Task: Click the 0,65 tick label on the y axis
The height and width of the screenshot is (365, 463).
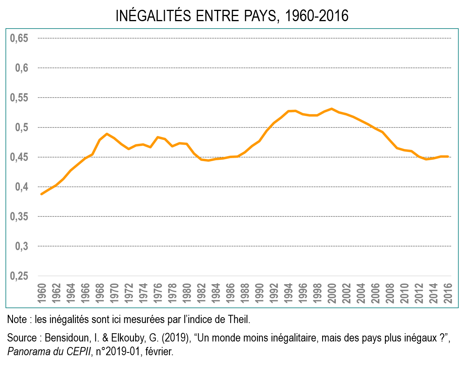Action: [20, 38]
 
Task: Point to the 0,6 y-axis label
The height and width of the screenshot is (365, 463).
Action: [22, 68]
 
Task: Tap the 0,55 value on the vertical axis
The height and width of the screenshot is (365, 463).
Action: [20, 98]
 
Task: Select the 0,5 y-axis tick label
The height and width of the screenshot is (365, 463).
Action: [22, 127]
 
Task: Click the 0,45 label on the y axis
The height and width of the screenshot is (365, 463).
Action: [20, 157]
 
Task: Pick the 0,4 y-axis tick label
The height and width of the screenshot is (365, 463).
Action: [22, 187]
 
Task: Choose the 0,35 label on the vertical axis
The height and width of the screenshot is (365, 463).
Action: [20, 217]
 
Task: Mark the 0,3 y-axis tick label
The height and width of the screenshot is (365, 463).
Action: [22, 246]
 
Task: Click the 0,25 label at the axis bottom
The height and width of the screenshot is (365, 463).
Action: [20, 276]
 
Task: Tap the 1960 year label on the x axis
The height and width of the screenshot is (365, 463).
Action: [42, 292]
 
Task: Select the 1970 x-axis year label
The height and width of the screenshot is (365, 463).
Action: [114, 292]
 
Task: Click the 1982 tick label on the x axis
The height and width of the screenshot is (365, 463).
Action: [201, 292]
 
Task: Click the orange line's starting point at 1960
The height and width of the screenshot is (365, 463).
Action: [42, 194]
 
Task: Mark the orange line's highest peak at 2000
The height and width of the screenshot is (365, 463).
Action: [332, 109]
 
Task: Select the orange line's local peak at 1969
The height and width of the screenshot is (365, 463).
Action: [107, 134]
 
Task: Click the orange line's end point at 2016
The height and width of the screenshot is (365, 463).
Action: [448, 156]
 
